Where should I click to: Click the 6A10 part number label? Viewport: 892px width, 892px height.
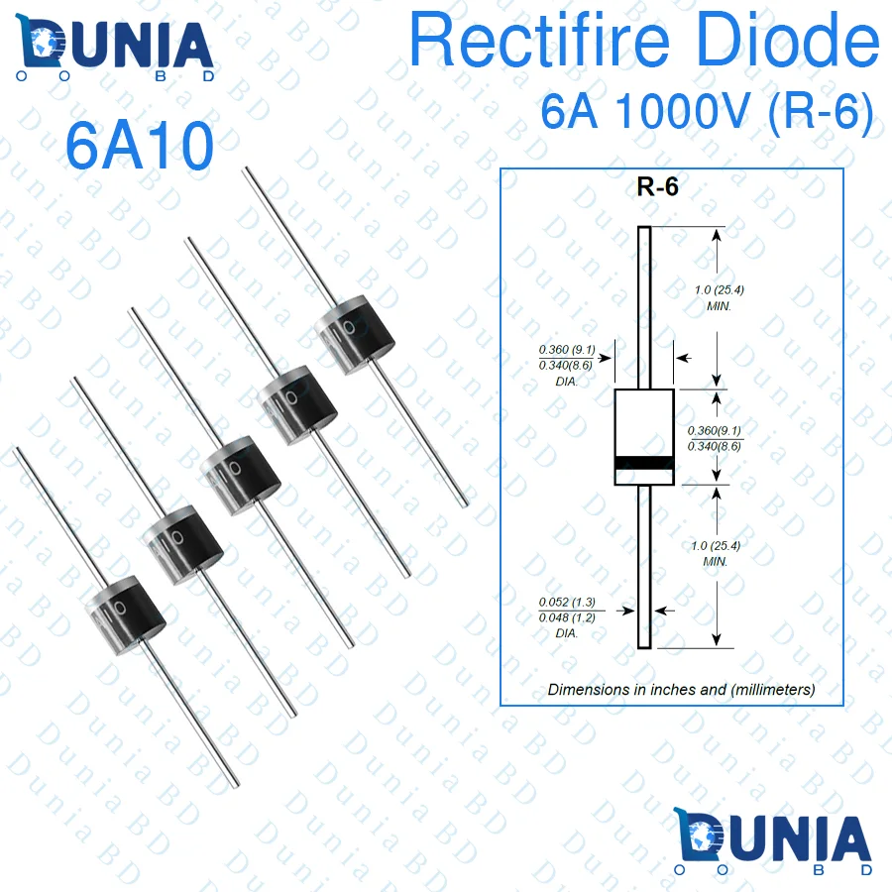click(x=140, y=147)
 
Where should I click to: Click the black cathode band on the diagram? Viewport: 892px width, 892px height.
click(x=644, y=462)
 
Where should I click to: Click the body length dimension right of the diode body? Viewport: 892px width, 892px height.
click(x=714, y=438)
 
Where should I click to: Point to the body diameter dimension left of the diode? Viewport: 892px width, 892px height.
click(x=567, y=365)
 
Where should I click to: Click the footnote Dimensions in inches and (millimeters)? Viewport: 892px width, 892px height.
click(x=681, y=689)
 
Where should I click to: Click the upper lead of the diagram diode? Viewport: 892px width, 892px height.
click(x=644, y=307)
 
